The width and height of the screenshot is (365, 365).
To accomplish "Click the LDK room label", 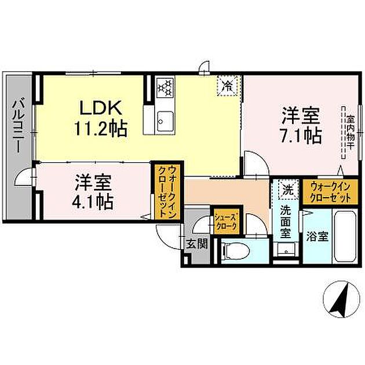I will coord(100,108).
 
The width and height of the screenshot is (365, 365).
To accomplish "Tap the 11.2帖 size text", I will coord(100,128).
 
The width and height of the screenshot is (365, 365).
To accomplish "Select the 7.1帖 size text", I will coord(302,136).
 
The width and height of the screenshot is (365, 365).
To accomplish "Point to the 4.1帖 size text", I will coord(93,202).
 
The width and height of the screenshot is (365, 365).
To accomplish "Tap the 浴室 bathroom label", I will coord(317,237).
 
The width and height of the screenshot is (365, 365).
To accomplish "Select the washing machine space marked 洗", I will coord(286,189).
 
